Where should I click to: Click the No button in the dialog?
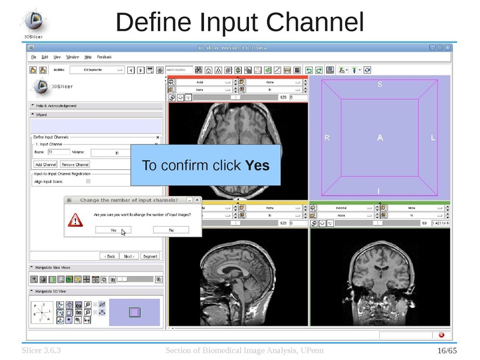click(x=171, y=230)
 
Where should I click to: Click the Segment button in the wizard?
click(x=149, y=256)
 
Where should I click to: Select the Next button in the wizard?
click(x=129, y=256)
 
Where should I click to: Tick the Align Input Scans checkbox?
click(x=89, y=181)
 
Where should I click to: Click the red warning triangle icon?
click(x=75, y=220)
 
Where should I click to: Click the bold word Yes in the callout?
click(x=257, y=165)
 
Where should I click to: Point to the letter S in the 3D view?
click(x=380, y=85)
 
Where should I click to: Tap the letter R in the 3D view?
click(x=327, y=138)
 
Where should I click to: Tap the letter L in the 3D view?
click(x=433, y=138)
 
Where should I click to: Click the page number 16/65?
click(x=447, y=350)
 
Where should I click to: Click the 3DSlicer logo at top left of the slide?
click(x=34, y=22)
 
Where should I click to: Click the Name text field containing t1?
click(x=58, y=152)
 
